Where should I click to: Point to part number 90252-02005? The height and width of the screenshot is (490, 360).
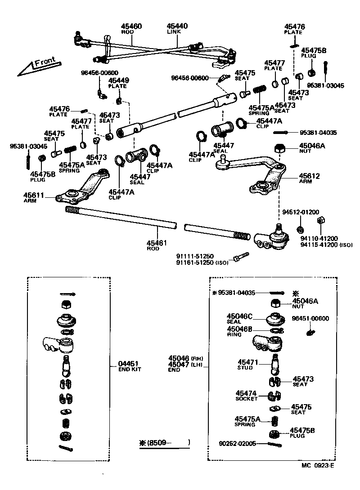(x=238, y=444)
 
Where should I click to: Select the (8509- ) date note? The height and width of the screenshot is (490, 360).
(x=165, y=442)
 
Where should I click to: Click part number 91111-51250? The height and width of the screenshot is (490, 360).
(x=194, y=256)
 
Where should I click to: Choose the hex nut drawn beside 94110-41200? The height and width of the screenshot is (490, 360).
(x=321, y=220)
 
